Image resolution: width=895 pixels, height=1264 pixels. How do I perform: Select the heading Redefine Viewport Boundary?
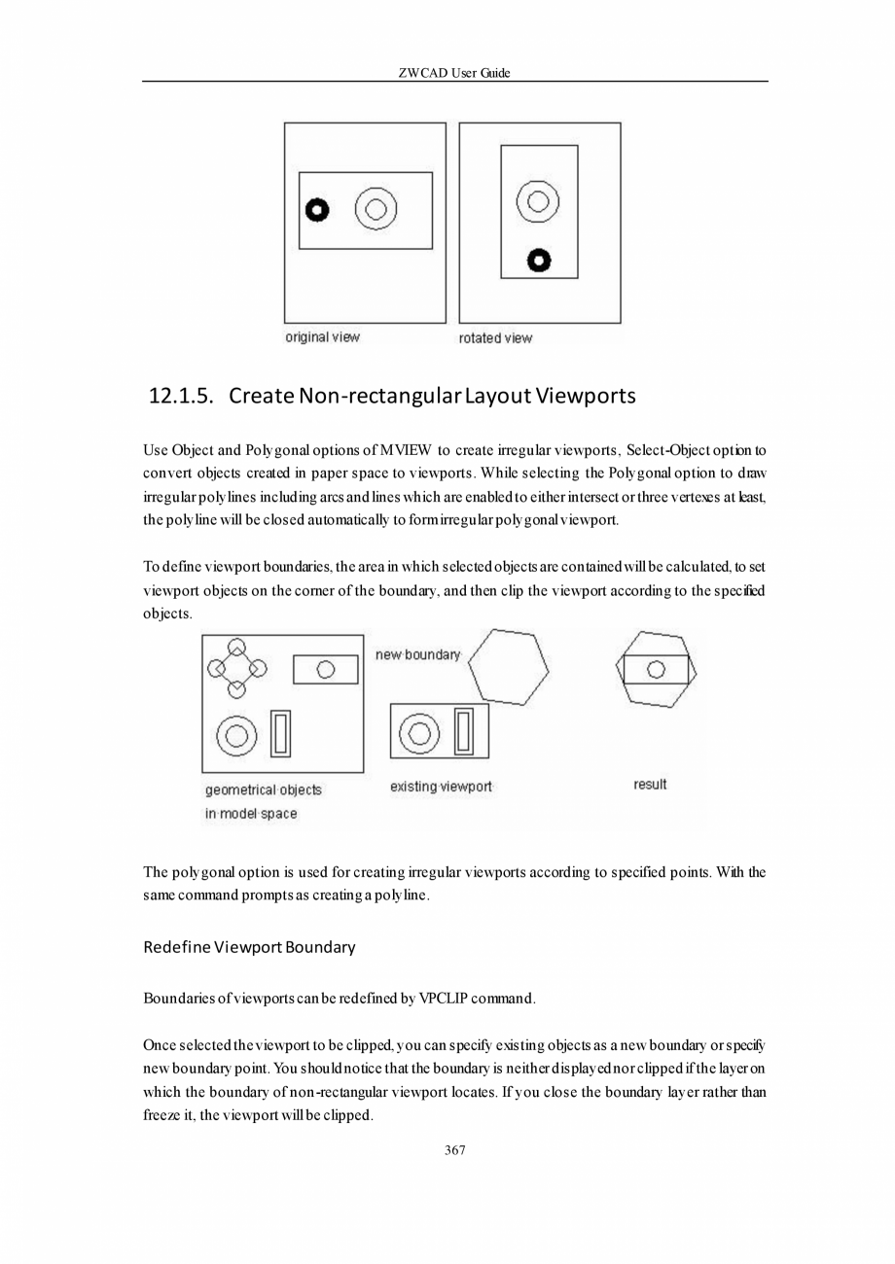(x=249, y=946)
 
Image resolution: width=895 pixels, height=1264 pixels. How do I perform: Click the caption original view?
(x=322, y=337)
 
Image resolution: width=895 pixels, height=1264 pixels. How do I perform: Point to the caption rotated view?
(x=495, y=338)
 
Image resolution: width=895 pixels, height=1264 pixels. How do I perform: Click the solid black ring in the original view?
(x=317, y=210)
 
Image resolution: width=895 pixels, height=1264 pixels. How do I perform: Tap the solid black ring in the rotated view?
(x=539, y=260)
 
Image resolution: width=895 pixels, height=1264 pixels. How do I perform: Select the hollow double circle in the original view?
(x=376, y=209)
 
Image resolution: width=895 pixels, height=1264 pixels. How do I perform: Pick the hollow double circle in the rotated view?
(x=538, y=202)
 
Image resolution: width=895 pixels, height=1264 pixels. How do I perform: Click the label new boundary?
(x=417, y=655)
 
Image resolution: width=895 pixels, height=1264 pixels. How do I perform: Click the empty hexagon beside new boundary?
(x=509, y=667)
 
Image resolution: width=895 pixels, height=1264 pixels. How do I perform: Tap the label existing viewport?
(x=441, y=786)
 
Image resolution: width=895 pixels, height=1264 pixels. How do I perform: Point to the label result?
(x=650, y=785)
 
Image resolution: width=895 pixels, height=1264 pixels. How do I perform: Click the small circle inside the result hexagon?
(x=656, y=669)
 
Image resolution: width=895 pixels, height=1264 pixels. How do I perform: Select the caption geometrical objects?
(x=263, y=790)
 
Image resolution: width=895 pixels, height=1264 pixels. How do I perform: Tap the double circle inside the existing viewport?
(x=419, y=732)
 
